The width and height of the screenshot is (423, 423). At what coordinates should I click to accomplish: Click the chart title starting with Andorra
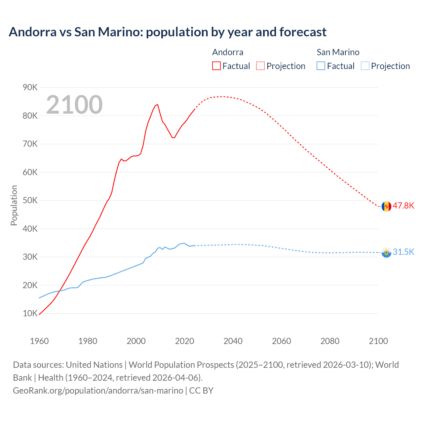pyautogui.click(x=168, y=32)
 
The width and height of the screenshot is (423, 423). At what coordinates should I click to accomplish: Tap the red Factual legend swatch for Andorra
pyautogui.click(x=216, y=66)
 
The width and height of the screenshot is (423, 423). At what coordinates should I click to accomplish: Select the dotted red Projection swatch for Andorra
pyautogui.click(x=260, y=66)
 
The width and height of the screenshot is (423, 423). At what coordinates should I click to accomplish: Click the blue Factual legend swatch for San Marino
pyautogui.click(x=321, y=66)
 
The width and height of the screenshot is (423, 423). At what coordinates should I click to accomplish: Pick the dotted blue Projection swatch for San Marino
pyautogui.click(x=365, y=66)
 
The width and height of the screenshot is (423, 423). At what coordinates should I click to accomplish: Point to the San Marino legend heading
pyautogui.click(x=338, y=52)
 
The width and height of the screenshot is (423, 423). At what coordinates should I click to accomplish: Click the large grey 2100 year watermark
pyautogui.click(x=74, y=105)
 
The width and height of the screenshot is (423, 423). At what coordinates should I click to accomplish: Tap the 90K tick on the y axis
pyautogui.click(x=30, y=87)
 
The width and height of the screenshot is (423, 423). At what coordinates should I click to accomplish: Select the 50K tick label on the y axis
pyautogui.click(x=30, y=200)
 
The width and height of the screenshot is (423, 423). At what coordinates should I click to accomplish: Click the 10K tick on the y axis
pyautogui.click(x=30, y=313)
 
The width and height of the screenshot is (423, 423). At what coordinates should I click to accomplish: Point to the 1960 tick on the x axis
pyautogui.click(x=39, y=341)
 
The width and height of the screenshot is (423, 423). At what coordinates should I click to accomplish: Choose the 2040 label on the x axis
pyautogui.click(x=233, y=341)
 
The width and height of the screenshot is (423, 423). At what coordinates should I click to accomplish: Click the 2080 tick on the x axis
pyautogui.click(x=330, y=341)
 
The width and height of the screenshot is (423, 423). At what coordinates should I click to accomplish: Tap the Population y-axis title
pyautogui.click(x=14, y=205)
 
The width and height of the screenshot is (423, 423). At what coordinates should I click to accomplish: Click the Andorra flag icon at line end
pyautogui.click(x=386, y=206)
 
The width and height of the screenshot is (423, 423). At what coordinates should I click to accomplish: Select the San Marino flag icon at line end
pyautogui.click(x=386, y=252)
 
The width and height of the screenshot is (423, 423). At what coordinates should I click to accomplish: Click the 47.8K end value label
pyautogui.click(x=403, y=206)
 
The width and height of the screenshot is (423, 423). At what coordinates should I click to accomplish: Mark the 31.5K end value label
pyautogui.click(x=403, y=252)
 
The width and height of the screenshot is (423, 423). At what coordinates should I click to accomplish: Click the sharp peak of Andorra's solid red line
pyautogui.click(x=158, y=104)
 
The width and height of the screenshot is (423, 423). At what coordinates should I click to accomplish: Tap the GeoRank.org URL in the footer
pyautogui.click(x=98, y=390)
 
